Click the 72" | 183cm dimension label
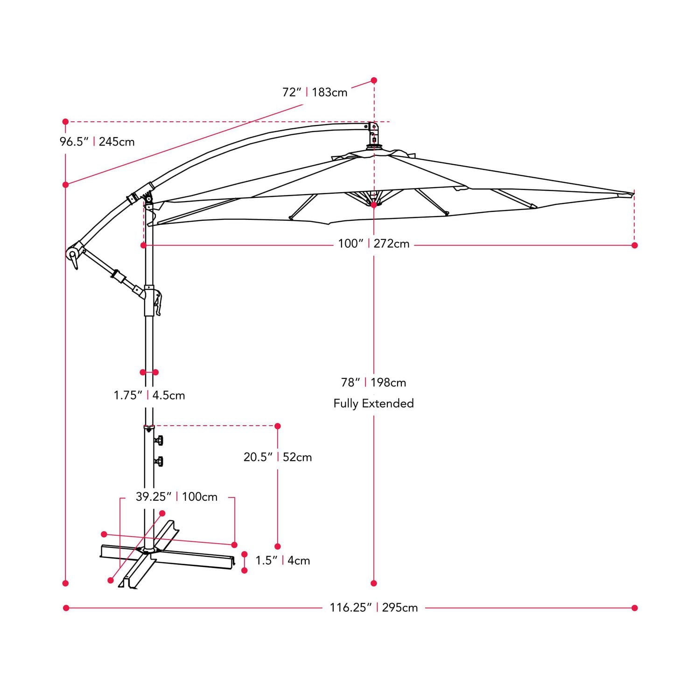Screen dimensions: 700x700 pyautogui.click(x=315, y=92)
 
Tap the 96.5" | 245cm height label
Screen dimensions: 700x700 pyautogui.click(x=97, y=142)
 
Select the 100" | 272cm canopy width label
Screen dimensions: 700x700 pyautogui.click(x=373, y=244)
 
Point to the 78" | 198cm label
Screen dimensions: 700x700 pyautogui.click(x=373, y=383)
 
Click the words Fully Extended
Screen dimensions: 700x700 pyautogui.click(x=373, y=404)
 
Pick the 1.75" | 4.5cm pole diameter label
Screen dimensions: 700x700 pyautogui.click(x=149, y=396)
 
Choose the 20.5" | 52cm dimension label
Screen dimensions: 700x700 pyautogui.click(x=278, y=457)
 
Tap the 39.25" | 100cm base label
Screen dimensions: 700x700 pyautogui.click(x=176, y=497)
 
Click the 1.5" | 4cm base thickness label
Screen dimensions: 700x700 pyautogui.click(x=282, y=560)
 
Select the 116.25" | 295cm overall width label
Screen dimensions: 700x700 pyautogui.click(x=373, y=608)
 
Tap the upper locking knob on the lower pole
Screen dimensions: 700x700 pyautogui.click(x=159, y=440)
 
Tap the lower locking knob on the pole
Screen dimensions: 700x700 pyautogui.click(x=159, y=462)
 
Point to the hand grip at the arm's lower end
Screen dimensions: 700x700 pyautogui.click(x=73, y=257)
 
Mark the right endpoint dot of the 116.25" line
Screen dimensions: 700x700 pyautogui.click(x=634, y=608)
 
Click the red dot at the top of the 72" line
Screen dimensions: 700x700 pyautogui.click(x=374, y=81)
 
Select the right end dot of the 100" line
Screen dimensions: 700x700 pyautogui.click(x=634, y=245)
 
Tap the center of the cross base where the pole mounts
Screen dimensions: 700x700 pyautogui.click(x=148, y=551)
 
